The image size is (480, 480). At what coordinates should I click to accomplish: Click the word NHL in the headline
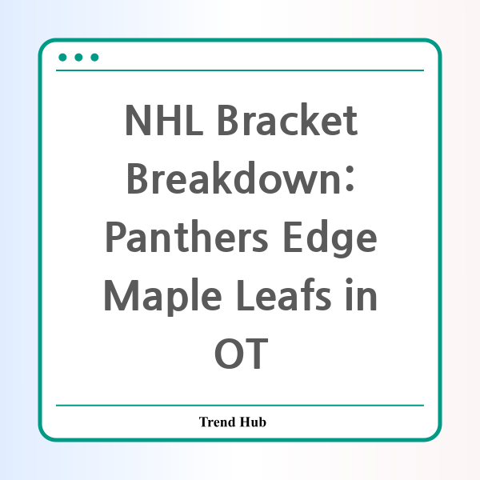[x=164, y=120]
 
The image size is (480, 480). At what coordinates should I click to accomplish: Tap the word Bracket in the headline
[x=287, y=119]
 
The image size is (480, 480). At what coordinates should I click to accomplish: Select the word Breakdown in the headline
[x=234, y=178]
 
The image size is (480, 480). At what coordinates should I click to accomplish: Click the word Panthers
[x=187, y=237]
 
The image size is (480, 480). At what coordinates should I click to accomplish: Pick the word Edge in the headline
[x=330, y=239]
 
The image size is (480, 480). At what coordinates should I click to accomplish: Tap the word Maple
[x=163, y=297]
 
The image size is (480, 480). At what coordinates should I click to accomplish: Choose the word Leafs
[x=284, y=294]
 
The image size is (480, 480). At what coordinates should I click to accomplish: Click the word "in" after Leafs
[x=362, y=294]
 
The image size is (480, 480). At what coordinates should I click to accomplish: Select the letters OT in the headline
[x=242, y=354]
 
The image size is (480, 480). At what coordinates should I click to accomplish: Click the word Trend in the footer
[x=218, y=422]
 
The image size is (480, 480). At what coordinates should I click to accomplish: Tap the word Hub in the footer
[x=253, y=422]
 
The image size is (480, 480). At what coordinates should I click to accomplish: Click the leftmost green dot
[x=62, y=58]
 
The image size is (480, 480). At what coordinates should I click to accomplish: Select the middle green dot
[x=78, y=58]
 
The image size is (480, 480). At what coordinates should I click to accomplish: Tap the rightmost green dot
[x=94, y=58]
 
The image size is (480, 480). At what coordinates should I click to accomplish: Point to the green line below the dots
[x=240, y=70]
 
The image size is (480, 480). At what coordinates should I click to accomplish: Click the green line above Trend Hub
[x=240, y=406]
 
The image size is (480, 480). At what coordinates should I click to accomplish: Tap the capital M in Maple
[x=121, y=295]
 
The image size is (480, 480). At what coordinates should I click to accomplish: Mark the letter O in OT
[x=227, y=354]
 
